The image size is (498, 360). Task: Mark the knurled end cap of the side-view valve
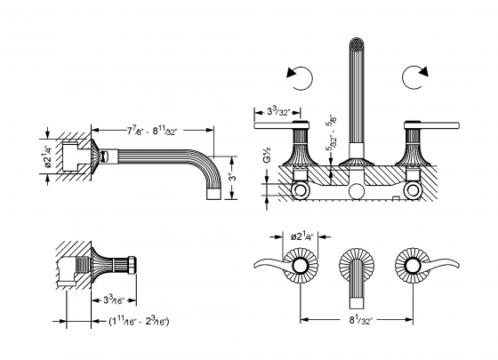tap(131, 266)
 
